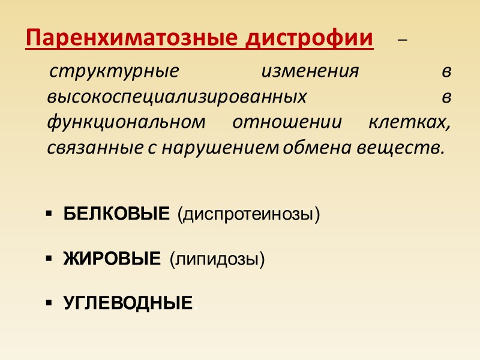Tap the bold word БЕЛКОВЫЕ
pyautogui.click(x=116, y=214)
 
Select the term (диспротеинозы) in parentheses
pyautogui.click(x=248, y=214)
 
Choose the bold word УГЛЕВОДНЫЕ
pyautogui.click(x=128, y=303)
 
